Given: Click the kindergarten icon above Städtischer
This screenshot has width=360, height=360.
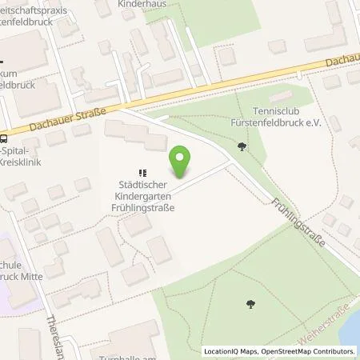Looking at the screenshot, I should pos(143,171).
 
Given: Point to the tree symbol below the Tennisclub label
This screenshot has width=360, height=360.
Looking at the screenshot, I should pos(242,146).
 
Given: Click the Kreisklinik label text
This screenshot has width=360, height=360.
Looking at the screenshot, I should pos(25,162).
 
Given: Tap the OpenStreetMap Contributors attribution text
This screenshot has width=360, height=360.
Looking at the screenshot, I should pos(311,351).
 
